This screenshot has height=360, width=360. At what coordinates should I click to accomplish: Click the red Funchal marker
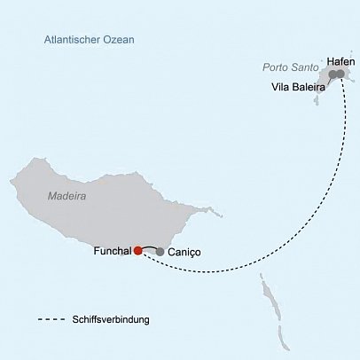[x=137, y=251]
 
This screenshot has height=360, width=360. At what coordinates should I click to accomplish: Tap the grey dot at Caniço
[x=160, y=252]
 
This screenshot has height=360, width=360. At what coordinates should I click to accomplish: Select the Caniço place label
[x=184, y=252]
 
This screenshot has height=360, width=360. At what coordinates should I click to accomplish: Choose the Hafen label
[x=341, y=60]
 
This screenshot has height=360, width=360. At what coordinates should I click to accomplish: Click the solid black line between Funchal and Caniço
[x=148, y=247]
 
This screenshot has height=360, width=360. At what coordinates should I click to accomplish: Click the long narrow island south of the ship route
[x=266, y=293]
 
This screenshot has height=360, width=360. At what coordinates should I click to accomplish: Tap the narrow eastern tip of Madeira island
[x=209, y=212]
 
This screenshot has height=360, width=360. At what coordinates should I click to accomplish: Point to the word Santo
[x=302, y=67]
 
